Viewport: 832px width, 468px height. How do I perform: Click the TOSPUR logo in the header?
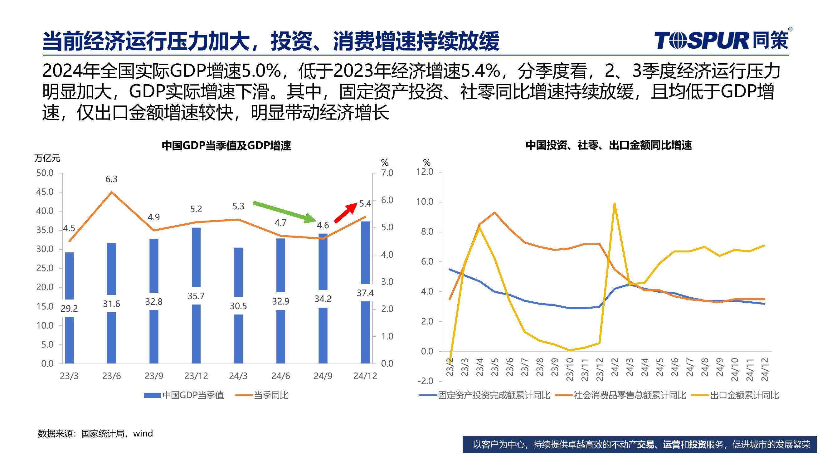(x=722, y=41)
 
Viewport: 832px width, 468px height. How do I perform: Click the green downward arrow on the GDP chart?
(x=284, y=212)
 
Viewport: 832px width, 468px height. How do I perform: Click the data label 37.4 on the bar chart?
(x=365, y=293)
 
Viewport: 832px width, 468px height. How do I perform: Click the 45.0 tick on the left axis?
(x=45, y=192)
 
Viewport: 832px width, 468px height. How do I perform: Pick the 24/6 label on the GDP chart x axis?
(x=280, y=376)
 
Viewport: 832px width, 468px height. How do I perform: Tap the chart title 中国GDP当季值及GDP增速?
(x=226, y=146)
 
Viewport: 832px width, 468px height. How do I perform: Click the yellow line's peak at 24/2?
(x=614, y=203)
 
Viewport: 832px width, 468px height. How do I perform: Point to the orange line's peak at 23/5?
(x=494, y=212)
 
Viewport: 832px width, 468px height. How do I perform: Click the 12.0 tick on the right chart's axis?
(x=425, y=172)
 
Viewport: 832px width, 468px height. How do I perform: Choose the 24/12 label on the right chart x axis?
(x=765, y=370)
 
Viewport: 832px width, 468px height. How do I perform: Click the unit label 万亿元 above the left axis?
(x=47, y=158)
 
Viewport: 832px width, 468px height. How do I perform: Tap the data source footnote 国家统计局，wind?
(x=95, y=433)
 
